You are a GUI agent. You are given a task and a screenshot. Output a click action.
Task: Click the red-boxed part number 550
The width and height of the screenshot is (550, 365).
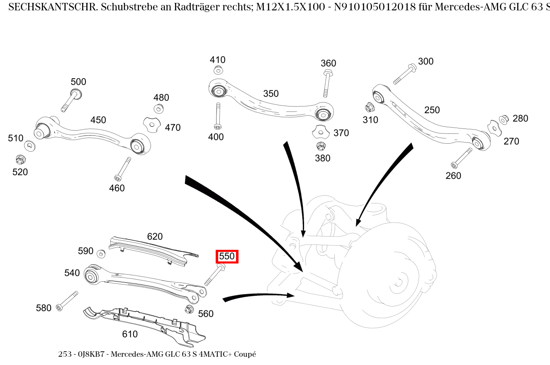tap(227, 256)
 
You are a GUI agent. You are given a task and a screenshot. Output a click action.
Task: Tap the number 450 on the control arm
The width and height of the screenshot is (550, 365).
tap(98, 120)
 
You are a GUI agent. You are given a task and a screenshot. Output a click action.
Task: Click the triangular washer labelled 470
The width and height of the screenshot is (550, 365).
tap(151, 124)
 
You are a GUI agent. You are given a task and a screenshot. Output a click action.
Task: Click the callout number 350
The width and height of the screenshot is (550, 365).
tap(271, 94)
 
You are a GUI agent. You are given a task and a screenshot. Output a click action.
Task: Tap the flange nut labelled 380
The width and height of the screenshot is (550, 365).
tap(320, 146)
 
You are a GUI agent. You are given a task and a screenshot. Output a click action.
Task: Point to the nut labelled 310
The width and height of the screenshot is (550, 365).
tap(368, 108)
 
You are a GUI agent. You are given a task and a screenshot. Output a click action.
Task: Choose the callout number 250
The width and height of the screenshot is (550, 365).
tap(432, 110)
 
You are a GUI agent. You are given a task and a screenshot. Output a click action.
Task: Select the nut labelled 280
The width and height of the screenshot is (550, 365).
tap(504, 119)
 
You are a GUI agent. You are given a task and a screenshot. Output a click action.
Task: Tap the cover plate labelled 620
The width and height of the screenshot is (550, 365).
tap(153, 249)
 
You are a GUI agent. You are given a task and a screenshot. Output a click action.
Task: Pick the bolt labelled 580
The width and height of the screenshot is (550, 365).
tap(68, 300)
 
